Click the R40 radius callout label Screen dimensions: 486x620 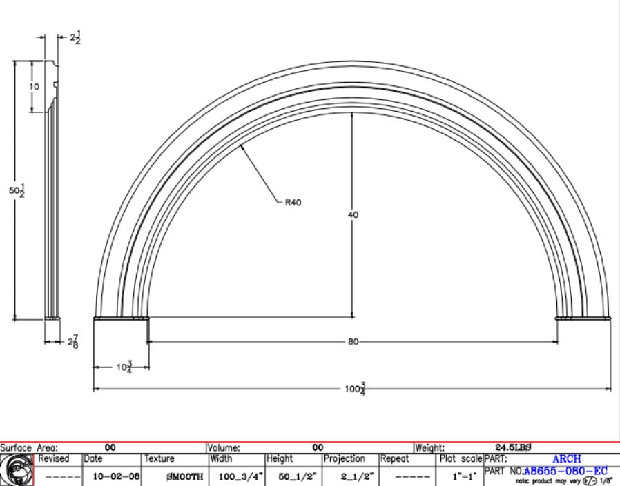click(293, 203)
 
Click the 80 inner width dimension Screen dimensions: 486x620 click(353, 341)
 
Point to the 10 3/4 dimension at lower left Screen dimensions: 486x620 click(124, 367)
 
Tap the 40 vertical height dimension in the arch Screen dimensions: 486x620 click(353, 214)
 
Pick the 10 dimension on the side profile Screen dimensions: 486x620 click(35, 86)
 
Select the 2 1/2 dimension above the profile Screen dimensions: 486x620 click(75, 38)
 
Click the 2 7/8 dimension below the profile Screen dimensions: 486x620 click(72, 341)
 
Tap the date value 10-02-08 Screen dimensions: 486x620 click(111, 476)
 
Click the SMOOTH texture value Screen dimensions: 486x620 click(184, 476)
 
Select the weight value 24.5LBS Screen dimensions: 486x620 click(513, 447)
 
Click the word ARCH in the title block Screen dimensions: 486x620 click(566, 458)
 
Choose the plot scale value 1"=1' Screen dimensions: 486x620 click(458, 476)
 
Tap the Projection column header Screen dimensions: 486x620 click(344, 458)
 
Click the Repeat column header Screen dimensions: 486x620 click(395, 458)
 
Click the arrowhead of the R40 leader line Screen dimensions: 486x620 click(241, 147)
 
